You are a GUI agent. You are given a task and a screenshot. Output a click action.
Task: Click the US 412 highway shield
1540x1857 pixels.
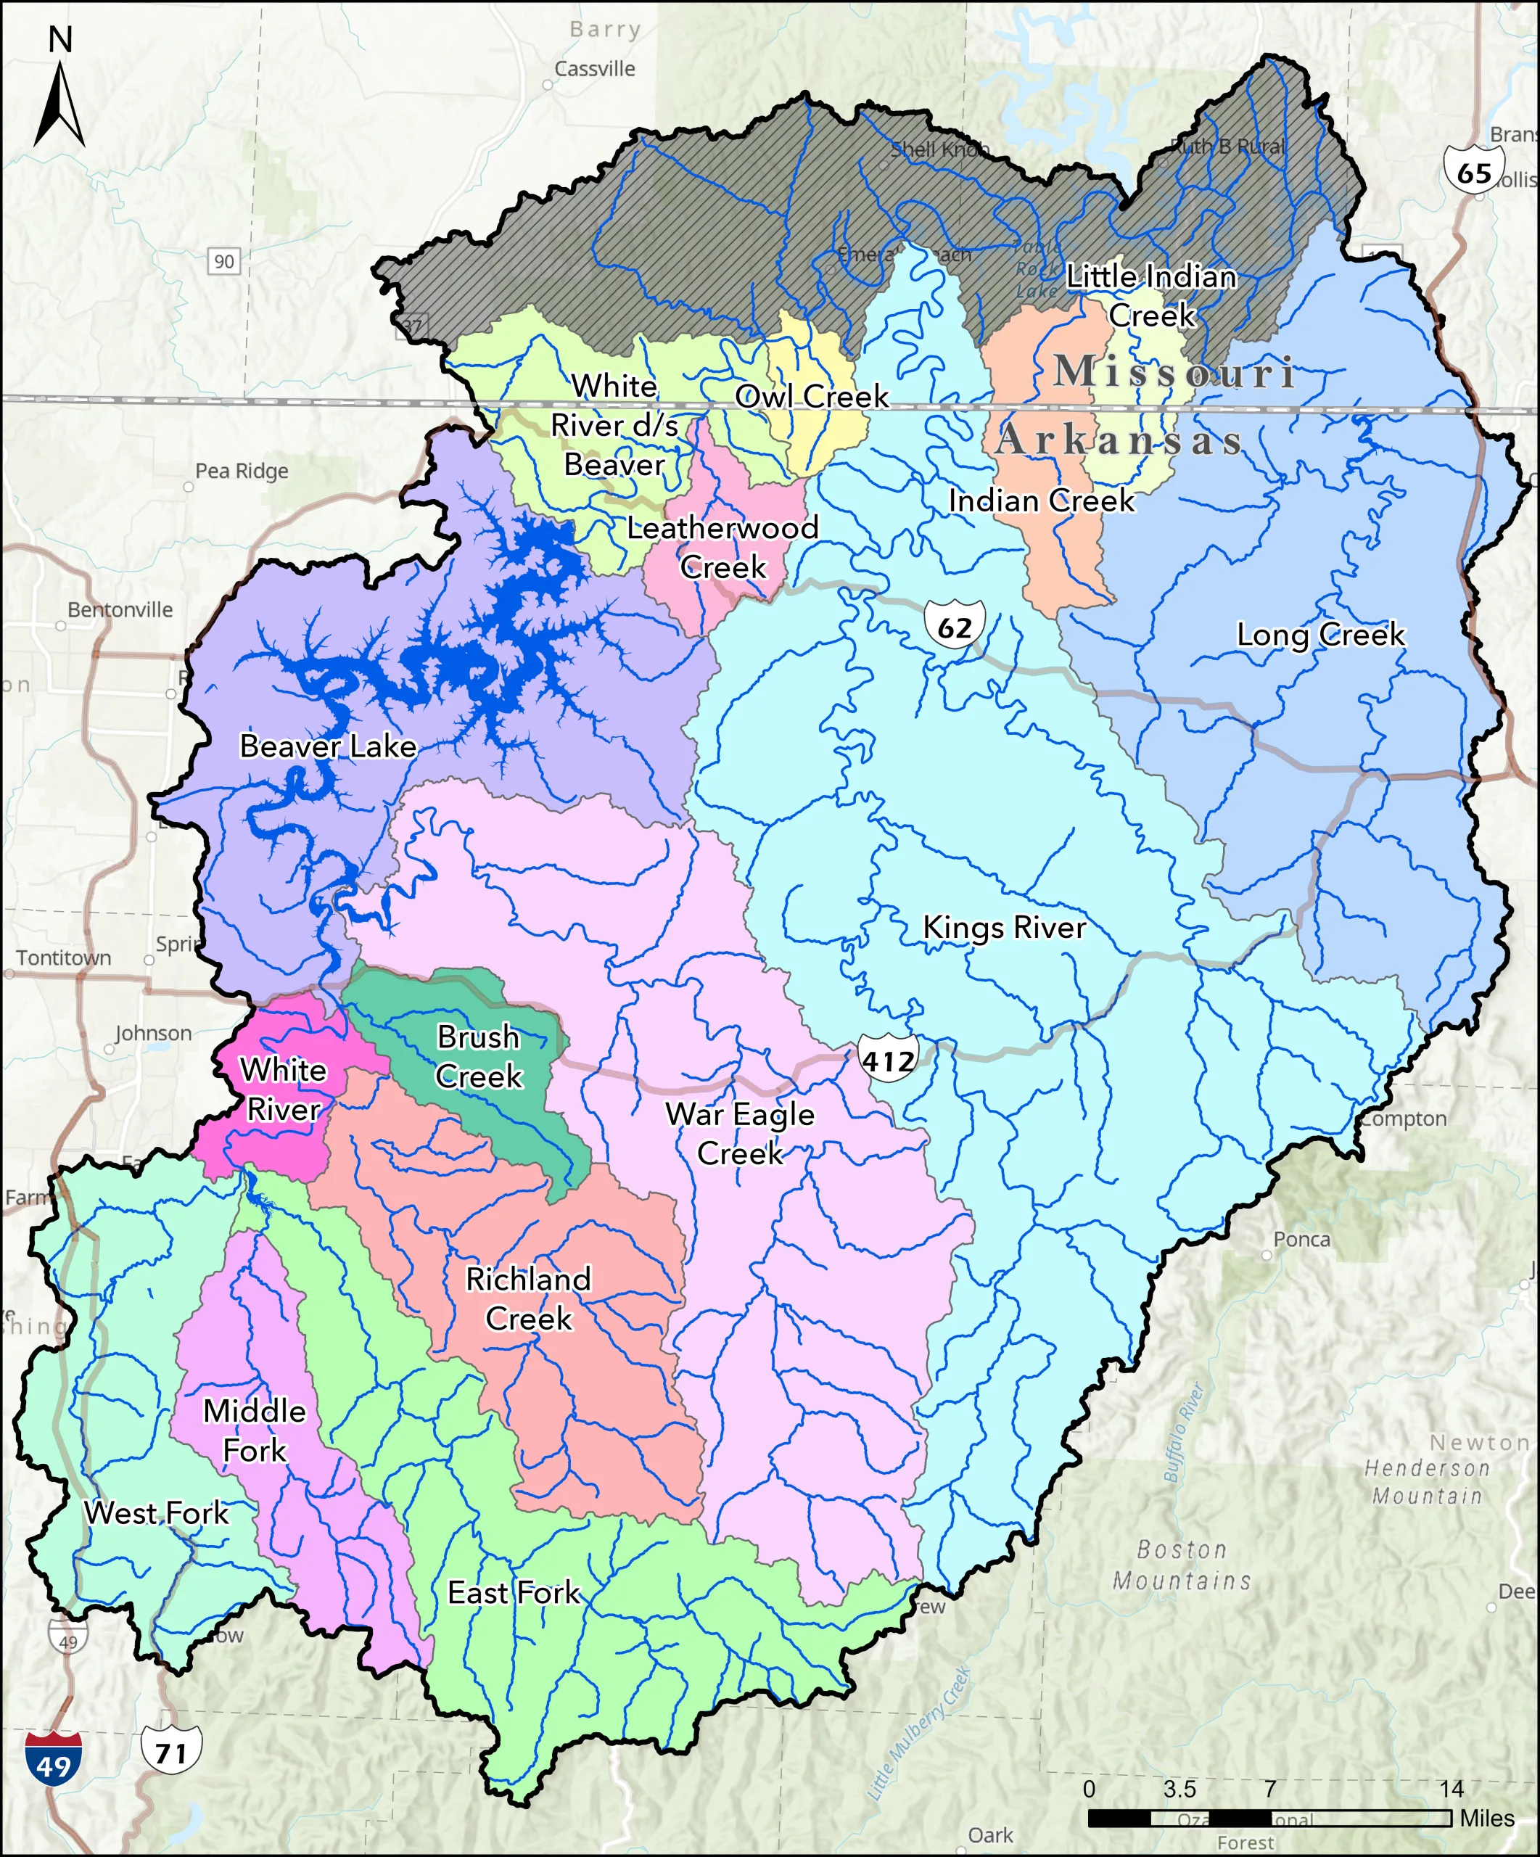click(x=889, y=1058)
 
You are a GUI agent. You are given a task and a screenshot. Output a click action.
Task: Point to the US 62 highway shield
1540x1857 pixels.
click(x=955, y=626)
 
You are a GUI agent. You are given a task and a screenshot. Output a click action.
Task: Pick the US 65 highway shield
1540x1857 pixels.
click(x=1474, y=170)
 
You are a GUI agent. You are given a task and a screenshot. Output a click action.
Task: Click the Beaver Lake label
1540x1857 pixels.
click(x=328, y=746)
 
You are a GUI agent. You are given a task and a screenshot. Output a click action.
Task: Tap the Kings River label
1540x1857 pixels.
click(x=1004, y=927)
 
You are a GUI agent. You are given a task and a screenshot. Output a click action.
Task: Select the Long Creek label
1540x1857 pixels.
click(x=1320, y=634)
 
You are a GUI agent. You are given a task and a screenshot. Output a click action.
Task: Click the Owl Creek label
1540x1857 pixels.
click(x=812, y=395)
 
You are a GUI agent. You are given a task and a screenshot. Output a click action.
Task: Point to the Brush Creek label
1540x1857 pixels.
click(x=478, y=1056)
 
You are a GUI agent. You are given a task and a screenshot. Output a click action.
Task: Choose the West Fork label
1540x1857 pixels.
click(x=157, y=1512)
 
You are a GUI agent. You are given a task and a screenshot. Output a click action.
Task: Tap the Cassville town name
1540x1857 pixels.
click(x=595, y=69)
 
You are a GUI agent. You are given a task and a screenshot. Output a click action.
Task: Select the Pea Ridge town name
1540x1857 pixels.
click(x=242, y=471)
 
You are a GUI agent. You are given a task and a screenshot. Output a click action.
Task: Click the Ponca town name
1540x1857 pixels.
click(x=1301, y=1239)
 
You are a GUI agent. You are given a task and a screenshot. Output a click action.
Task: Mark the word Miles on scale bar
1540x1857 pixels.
click(x=1487, y=1817)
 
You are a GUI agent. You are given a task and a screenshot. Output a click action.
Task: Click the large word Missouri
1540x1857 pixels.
click(x=1176, y=371)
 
